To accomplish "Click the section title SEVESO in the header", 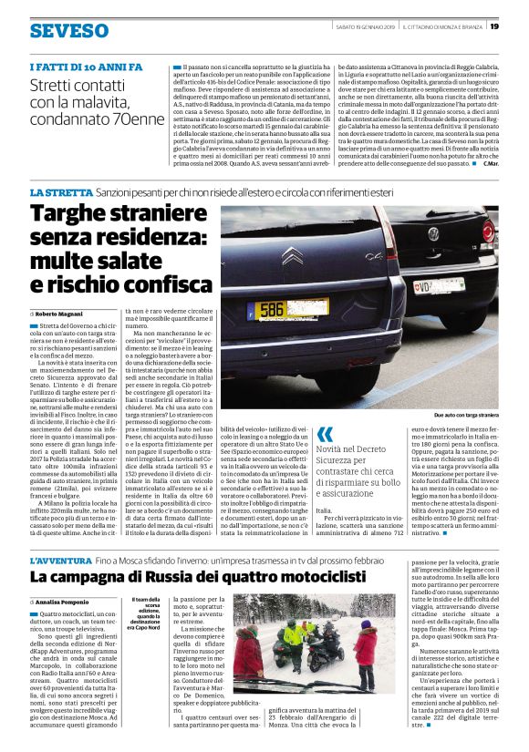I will point(68,31).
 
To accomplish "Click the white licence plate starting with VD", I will point(428,284).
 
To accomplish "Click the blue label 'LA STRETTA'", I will point(60,192).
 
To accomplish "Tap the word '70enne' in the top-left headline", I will point(130,118).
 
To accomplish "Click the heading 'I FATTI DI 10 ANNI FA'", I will point(86,67).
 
